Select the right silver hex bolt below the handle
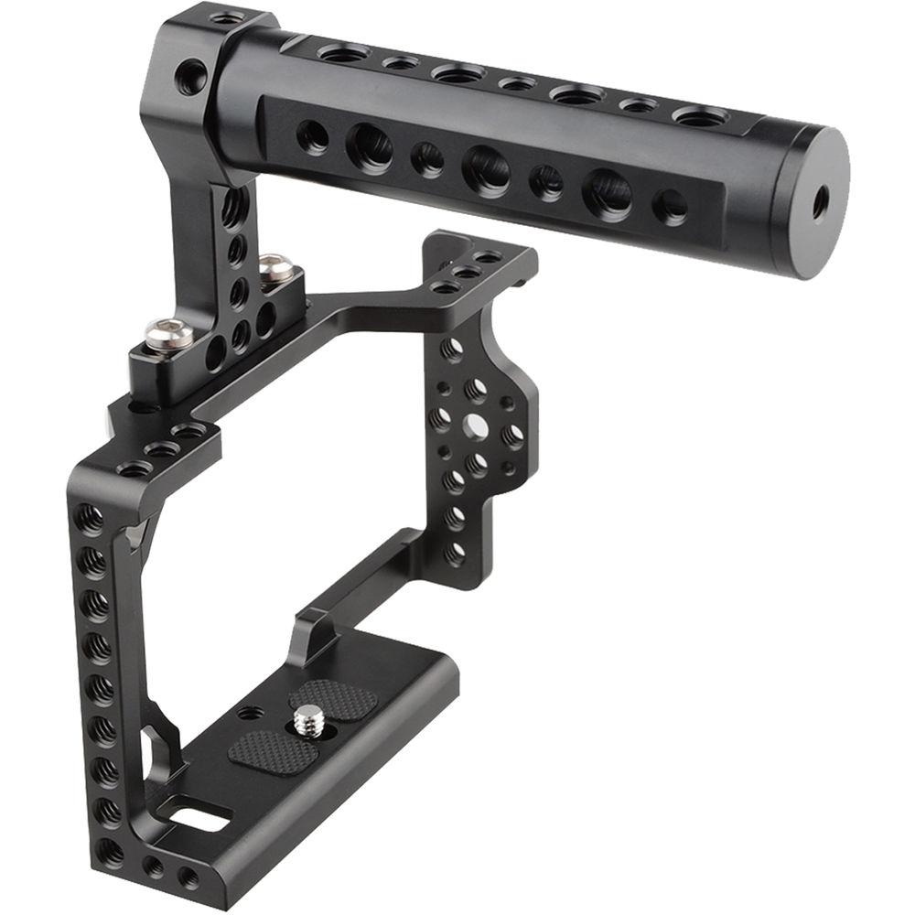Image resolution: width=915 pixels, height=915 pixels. click(276, 268)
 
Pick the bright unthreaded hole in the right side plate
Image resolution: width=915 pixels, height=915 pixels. click(475, 425)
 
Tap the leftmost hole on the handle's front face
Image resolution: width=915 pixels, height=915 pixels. click(312, 137)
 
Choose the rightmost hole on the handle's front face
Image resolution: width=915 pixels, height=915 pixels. click(671, 207)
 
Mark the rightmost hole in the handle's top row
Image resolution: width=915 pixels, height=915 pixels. click(699, 116)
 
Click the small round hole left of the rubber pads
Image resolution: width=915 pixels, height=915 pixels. click(248, 712)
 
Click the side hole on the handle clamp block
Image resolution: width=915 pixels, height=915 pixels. click(191, 77)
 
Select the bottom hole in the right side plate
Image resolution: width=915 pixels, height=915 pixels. click(454, 552)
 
